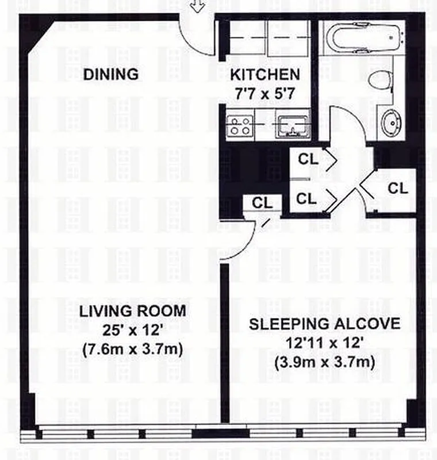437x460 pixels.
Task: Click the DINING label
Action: [111, 74]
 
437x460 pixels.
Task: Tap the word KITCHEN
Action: [265, 75]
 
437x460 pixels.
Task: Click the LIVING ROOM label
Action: [132, 312]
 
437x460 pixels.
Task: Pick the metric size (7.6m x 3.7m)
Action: [132, 349]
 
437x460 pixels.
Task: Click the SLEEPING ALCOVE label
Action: [324, 324]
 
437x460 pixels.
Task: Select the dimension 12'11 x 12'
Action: [324, 343]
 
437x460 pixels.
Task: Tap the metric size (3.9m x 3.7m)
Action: [324, 362]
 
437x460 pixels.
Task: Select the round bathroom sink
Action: [392, 122]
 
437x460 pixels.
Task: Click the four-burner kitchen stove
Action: [239, 126]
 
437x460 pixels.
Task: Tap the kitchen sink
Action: [292, 126]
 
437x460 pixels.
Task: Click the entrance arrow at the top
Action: [198, 6]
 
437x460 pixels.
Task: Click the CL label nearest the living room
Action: [262, 202]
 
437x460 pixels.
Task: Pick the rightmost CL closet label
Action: [398, 188]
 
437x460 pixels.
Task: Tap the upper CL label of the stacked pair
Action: [308, 160]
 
